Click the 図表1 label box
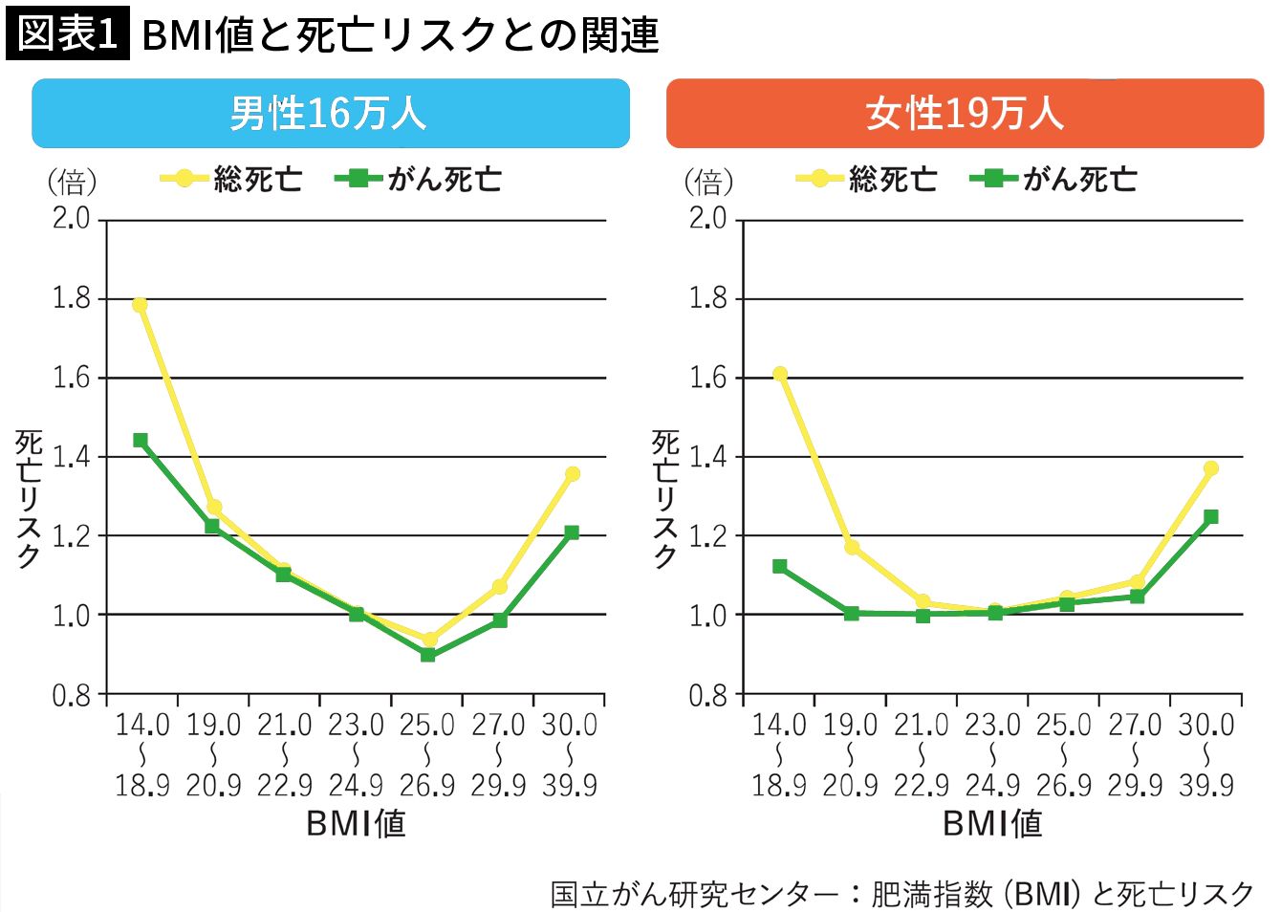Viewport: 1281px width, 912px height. [67, 34]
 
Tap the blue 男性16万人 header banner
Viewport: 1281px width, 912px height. [330, 114]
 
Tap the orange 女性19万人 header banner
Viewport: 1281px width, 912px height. [965, 114]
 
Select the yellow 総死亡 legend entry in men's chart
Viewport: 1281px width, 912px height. [230, 179]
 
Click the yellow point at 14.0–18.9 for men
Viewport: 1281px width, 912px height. [141, 305]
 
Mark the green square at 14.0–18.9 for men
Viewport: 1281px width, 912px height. [141, 441]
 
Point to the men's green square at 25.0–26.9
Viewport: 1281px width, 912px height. [427, 655]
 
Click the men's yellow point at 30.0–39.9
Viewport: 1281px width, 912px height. [572, 474]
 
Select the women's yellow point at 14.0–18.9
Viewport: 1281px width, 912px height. [780, 374]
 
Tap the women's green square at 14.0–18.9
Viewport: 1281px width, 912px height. [780, 567]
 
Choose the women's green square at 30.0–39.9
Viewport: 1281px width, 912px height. [1210, 517]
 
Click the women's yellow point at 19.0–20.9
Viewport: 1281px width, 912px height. [852, 547]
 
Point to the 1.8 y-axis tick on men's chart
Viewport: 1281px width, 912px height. [72, 298]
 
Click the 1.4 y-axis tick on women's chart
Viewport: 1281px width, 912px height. [708, 456]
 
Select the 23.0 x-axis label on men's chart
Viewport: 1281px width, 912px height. [356, 726]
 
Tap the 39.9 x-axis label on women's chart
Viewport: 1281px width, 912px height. [1206, 786]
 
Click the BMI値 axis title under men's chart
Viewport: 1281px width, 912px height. [356, 823]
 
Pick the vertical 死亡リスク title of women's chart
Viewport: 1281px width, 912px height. [665, 499]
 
